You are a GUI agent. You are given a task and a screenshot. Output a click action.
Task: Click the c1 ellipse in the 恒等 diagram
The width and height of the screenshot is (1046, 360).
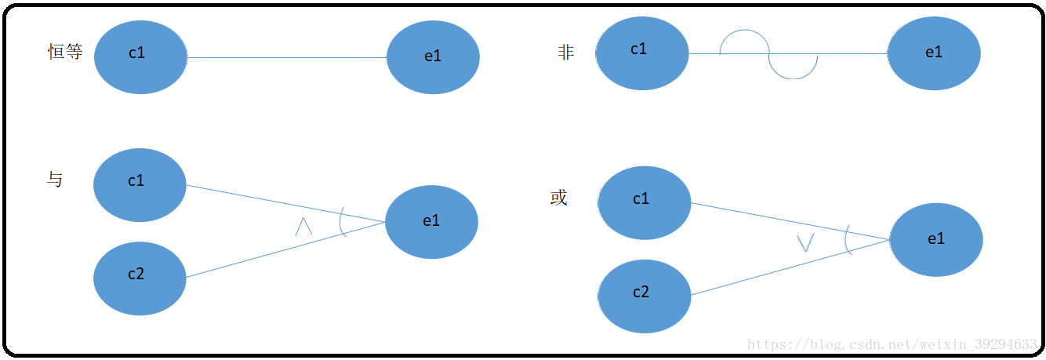[140, 56]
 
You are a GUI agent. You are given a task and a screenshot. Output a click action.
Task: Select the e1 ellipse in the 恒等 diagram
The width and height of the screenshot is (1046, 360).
[433, 57]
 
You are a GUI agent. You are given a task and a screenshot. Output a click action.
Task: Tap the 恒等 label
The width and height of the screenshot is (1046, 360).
[65, 53]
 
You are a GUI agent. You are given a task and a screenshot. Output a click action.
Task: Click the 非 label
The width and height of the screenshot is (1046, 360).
[565, 53]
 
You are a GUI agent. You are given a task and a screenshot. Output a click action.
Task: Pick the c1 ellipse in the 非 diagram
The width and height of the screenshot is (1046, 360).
[642, 53]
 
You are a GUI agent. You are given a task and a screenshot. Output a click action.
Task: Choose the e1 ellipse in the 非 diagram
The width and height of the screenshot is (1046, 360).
[934, 53]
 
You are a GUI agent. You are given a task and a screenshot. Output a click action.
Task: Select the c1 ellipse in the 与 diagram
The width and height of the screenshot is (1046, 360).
[140, 185]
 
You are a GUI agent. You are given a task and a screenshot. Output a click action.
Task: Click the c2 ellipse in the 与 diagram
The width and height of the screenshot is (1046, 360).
[140, 278]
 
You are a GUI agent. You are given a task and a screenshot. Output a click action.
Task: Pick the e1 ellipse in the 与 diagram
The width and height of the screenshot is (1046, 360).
[431, 222]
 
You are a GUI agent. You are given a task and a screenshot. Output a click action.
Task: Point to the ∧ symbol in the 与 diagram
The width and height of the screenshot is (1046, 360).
[303, 227]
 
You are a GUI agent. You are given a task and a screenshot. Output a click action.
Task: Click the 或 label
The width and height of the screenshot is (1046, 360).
[558, 198]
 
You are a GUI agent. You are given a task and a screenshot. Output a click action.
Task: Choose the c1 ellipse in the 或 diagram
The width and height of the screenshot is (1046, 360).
[644, 202]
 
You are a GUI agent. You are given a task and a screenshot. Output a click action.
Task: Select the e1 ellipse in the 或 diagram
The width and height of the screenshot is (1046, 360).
[936, 240]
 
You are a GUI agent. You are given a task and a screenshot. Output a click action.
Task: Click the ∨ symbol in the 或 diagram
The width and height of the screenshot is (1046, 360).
[805, 242]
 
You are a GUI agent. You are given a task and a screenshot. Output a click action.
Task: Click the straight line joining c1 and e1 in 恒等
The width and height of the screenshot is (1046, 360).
[287, 57]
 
